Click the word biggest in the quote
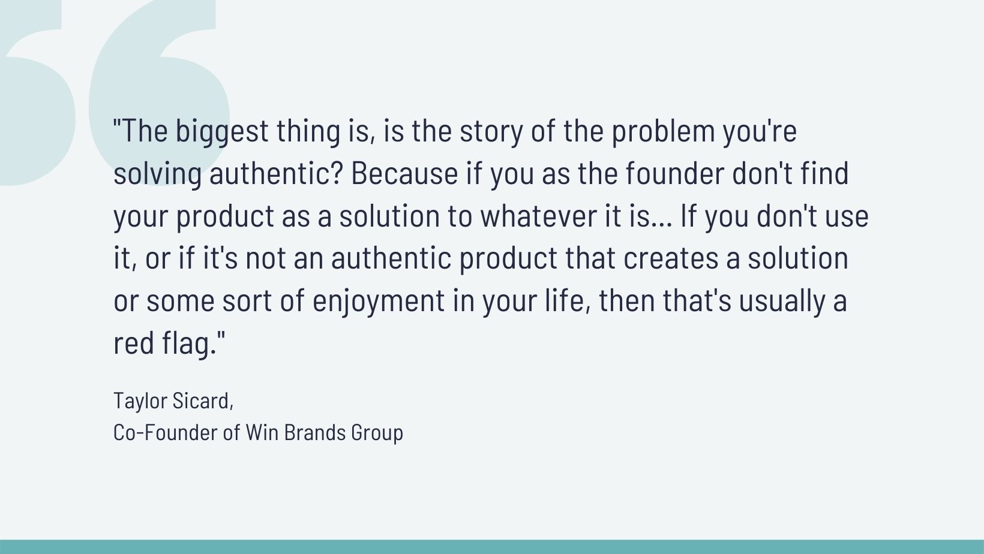pos(222,132)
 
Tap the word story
pos(491,132)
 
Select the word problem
pos(664,132)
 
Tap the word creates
pos(671,258)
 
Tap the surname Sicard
pos(203,401)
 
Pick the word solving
pos(158,174)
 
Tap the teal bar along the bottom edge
pos(492,547)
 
